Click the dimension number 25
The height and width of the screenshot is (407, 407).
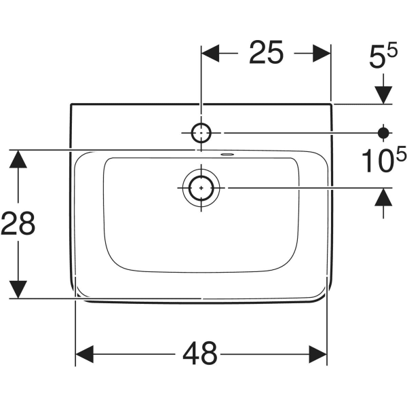(265, 53)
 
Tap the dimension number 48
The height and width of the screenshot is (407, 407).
(200, 353)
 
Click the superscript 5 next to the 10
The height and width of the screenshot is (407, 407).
(401, 154)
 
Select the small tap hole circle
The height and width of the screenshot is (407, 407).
(201, 132)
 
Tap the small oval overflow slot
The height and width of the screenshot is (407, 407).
(226, 153)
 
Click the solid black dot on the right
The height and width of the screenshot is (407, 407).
(384, 132)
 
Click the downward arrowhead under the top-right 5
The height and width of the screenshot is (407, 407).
(384, 94)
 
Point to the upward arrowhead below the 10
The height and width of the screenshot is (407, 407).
(384, 197)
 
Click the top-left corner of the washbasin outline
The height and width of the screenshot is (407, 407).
(71, 104)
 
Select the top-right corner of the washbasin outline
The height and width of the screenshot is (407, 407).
(332, 104)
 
